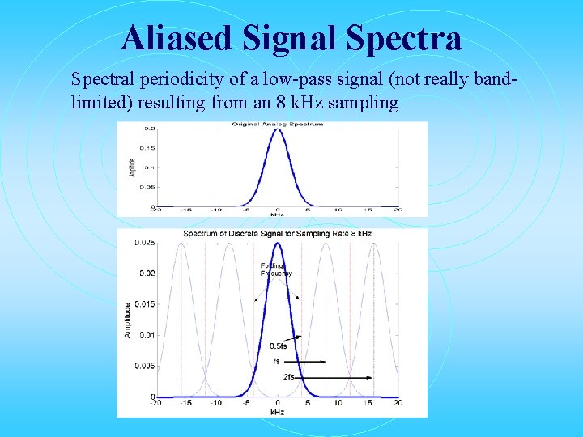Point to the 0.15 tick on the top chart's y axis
click(x=149, y=147)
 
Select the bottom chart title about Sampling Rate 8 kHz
click(x=277, y=234)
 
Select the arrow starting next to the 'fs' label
click(x=304, y=362)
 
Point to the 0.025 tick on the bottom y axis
click(x=145, y=243)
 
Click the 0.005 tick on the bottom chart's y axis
click(x=145, y=366)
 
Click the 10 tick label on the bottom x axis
click(x=337, y=403)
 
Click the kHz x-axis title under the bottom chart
click(x=277, y=412)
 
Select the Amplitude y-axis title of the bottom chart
click(x=127, y=320)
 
